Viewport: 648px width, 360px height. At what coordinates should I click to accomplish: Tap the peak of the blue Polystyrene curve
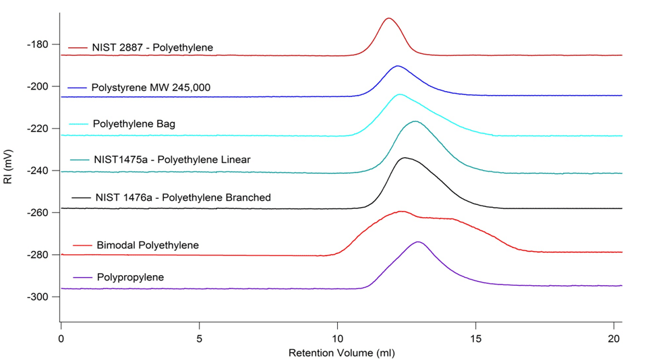click(398, 66)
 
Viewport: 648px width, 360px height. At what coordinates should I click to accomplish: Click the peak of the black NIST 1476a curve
click(405, 158)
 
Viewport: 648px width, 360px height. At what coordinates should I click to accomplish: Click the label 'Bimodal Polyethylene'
click(146, 245)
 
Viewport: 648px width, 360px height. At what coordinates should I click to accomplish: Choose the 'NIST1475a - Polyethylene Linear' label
click(171, 160)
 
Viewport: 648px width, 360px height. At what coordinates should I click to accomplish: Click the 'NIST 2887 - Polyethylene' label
click(152, 48)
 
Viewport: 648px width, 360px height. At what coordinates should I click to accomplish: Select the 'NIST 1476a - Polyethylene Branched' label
click(181, 198)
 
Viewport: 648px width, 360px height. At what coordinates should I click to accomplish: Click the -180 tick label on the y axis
click(37, 44)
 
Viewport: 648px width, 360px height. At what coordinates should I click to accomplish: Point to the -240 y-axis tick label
click(37, 171)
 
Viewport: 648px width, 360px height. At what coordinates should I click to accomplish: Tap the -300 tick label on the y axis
click(37, 297)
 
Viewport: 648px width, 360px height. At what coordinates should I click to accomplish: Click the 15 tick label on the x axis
click(476, 336)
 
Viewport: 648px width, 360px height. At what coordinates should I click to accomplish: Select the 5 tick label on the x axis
click(200, 336)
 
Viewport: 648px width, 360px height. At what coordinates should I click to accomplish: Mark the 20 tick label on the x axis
click(614, 336)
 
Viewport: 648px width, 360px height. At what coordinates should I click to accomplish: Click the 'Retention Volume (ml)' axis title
click(341, 353)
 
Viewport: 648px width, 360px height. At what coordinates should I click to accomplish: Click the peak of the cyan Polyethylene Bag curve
click(401, 95)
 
